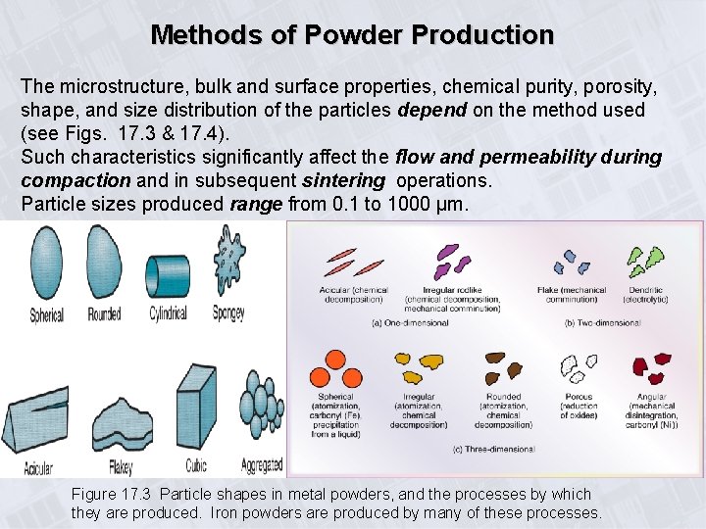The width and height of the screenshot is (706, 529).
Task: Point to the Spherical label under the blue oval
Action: pos(46,315)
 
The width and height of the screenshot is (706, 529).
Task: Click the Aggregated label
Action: pos(261,464)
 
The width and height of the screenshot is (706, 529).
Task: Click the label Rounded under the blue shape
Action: pos(104,314)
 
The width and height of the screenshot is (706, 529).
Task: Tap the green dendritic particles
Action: pos(643,261)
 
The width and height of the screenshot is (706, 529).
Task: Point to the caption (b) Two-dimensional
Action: pos(605,321)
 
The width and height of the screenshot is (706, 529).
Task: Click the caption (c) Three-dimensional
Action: pos(494,449)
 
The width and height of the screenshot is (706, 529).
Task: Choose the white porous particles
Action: pos(579,368)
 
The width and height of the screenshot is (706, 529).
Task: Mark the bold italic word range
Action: pos(255,204)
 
